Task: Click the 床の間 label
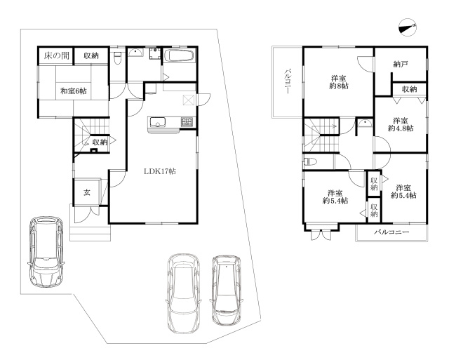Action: coord(57,55)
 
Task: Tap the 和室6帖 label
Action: coord(73,91)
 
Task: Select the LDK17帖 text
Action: coord(160,171)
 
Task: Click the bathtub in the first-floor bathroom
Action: coord(180,55)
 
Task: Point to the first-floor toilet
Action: coord(117,58)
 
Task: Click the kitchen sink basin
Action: coord(156,122)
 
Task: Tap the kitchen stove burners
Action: coord(187,122)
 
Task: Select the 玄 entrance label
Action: coord(87,192)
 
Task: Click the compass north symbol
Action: coord(407,28)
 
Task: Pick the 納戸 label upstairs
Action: coord(401,64)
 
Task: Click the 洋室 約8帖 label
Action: coord(339,82)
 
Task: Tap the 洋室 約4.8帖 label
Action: coord(401,124)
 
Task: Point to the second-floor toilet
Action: coord(309,162)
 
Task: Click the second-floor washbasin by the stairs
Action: coord(365,124)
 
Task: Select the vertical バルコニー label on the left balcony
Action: coord(288,81)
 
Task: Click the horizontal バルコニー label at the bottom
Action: coord(391,232)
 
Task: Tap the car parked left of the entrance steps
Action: coord(46,252)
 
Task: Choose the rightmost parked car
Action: coord(226,290)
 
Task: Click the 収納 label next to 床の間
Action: coord(91,55)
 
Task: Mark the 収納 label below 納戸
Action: coord(410,89)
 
